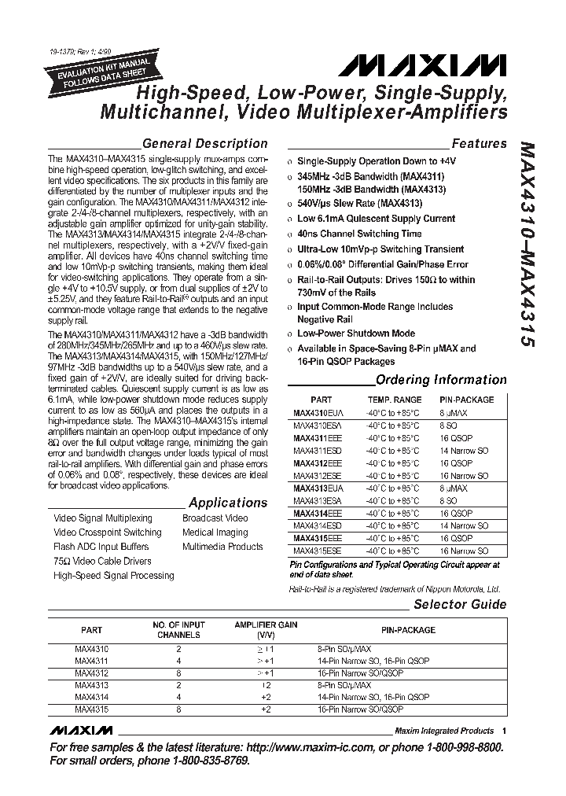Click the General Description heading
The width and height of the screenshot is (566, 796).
[205, 143]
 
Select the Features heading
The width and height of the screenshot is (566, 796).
[479, 143]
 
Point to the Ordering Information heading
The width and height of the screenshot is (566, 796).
[441, 380]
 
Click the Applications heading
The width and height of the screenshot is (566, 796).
[228, 503]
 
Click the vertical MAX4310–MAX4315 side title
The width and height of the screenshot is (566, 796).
[527, 243]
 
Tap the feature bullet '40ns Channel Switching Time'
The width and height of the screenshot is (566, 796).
[359, 234]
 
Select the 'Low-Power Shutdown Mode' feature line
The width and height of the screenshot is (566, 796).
[355, 334]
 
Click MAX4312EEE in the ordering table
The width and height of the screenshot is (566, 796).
[312, 463]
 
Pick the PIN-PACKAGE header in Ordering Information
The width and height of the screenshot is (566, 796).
[467, 400]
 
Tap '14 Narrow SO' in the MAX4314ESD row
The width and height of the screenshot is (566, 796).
[465, 525]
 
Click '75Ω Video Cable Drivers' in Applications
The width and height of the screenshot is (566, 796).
[102, 561]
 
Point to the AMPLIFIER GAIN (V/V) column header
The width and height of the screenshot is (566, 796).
[266, 629]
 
